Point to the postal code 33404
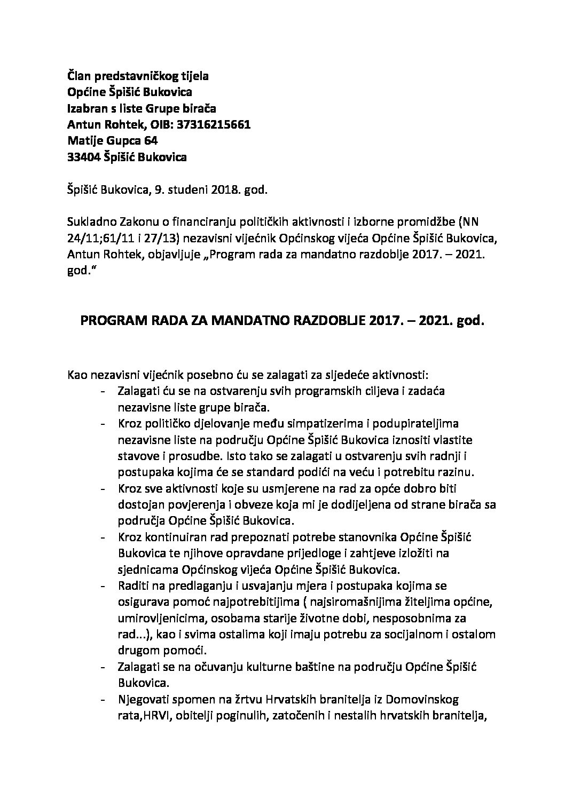(x=82, y=157)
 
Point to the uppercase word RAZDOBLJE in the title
(x=321, y=322)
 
